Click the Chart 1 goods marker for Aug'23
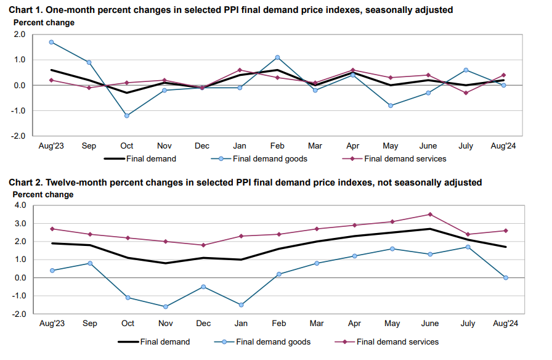point(52,42)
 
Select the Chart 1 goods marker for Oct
point(127,115)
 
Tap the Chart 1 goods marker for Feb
point(277,57)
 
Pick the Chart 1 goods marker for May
point(391,105)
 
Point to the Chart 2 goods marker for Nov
point(164,306)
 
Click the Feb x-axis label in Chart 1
point(277,146)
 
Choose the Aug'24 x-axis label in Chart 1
point(503,146)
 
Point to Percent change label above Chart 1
point(44,23)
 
